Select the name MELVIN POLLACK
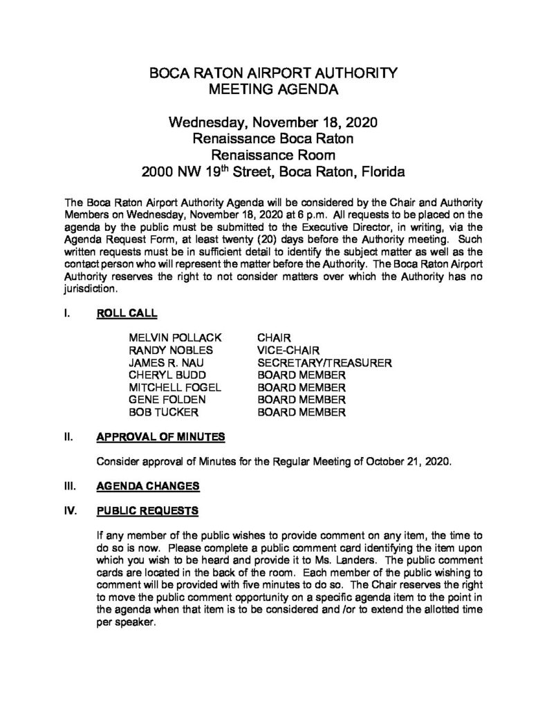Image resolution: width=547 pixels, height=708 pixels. point(175,337)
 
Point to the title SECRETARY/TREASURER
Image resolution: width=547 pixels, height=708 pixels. point(325,362)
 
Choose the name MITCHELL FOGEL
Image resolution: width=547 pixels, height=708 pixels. point(175,387)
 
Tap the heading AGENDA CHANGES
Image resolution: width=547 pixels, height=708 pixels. point(147,486)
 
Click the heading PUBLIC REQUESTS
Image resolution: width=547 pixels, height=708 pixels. point(147,511)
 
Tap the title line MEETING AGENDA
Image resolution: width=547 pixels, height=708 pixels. point(273,88)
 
